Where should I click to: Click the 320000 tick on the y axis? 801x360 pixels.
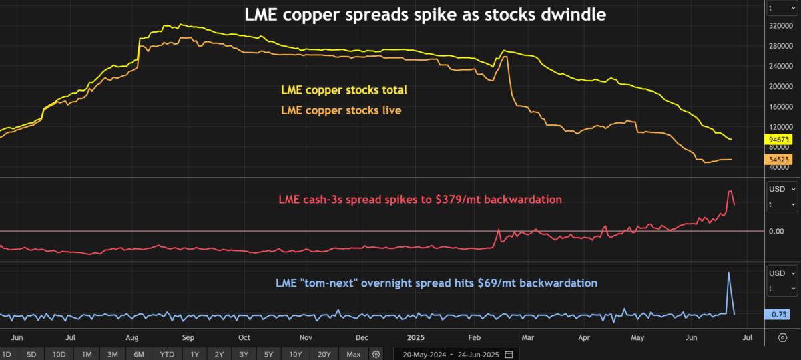coord(782,26)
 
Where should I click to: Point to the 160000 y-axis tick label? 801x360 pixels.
coord(782,106)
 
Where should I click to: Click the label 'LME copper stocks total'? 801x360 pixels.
coord(344,89)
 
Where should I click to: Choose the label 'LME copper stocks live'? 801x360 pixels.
coord(341,110)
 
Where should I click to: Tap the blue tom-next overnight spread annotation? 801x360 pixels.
coord(437,283)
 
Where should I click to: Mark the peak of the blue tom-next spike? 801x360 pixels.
coord(728,273)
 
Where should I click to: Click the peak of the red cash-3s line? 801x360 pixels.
coord(730,191)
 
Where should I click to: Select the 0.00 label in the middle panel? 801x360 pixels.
coord(776,231)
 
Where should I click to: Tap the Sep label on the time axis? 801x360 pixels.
coord(188,338)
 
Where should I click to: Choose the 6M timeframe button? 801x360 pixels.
coord(139,354)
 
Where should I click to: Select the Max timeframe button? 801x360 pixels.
coord(354,354)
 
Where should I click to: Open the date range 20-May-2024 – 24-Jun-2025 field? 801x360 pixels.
coord(453,354)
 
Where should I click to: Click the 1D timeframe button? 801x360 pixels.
coord(7,354)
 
